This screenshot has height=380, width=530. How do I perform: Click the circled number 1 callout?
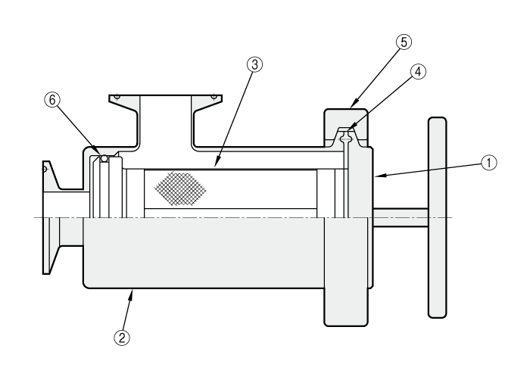point(489,163)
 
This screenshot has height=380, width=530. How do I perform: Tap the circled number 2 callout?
point(122,337)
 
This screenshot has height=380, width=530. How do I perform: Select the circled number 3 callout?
point(254,64)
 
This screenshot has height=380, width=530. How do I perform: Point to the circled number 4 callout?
point(418,72)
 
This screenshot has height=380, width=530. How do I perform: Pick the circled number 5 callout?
point(404,42)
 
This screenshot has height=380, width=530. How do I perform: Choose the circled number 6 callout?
point(52,100)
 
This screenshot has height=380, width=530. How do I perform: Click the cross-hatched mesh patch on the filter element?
point(180,188)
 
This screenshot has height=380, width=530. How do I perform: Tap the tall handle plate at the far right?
point(438,218)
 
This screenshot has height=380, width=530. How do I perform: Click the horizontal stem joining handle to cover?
point(401,218)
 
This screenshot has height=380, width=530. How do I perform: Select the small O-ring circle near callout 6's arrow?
point(104,158)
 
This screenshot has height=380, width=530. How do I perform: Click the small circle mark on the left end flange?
point(44,169)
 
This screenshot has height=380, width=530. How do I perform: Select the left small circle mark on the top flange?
point(117,98)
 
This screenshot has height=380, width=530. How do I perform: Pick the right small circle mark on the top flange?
point(214,98)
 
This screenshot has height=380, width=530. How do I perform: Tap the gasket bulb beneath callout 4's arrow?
point(346,138)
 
